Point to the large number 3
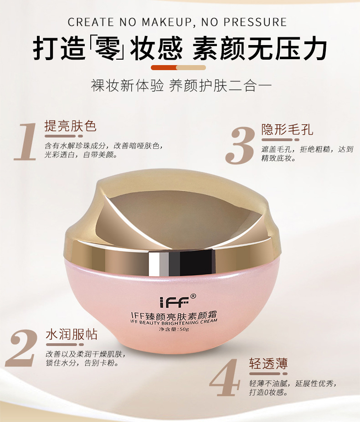(240, 145)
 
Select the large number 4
(225, 377)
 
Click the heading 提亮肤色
(71, 126)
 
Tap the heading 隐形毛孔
(287, 129)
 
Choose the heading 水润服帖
(72, 335)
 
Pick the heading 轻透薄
(268, 364)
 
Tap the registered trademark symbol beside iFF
(193, 296)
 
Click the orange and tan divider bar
(178, 67)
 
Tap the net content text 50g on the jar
(184, 329)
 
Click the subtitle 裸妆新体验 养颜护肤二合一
(181, 86)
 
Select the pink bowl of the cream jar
(172, 304)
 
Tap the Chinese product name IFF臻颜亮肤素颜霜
(174, 315)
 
